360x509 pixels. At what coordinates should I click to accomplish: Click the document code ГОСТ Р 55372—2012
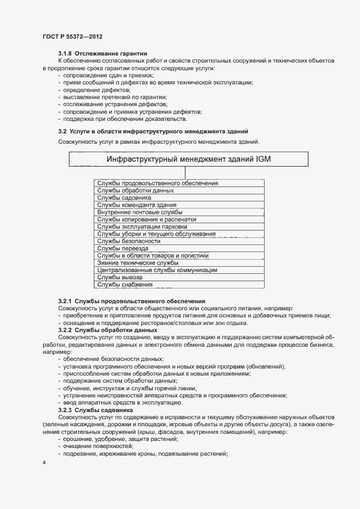coord(72,36)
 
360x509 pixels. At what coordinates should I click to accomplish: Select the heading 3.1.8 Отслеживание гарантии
coord(103,53)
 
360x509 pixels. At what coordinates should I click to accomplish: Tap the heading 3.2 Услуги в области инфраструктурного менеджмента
coord(153,131)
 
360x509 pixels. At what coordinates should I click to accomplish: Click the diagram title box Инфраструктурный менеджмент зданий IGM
coord(188,159)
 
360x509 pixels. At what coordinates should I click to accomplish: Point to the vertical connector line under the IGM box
coord(185,173)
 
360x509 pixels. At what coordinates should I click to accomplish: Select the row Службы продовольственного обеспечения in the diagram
coord(157,183)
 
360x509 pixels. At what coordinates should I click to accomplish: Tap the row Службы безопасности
coord(129,241)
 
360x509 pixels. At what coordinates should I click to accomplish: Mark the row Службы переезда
coord(123,248)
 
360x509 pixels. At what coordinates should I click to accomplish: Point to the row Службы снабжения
coord(125,284)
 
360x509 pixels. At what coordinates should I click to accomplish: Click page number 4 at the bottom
coord(44,463)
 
